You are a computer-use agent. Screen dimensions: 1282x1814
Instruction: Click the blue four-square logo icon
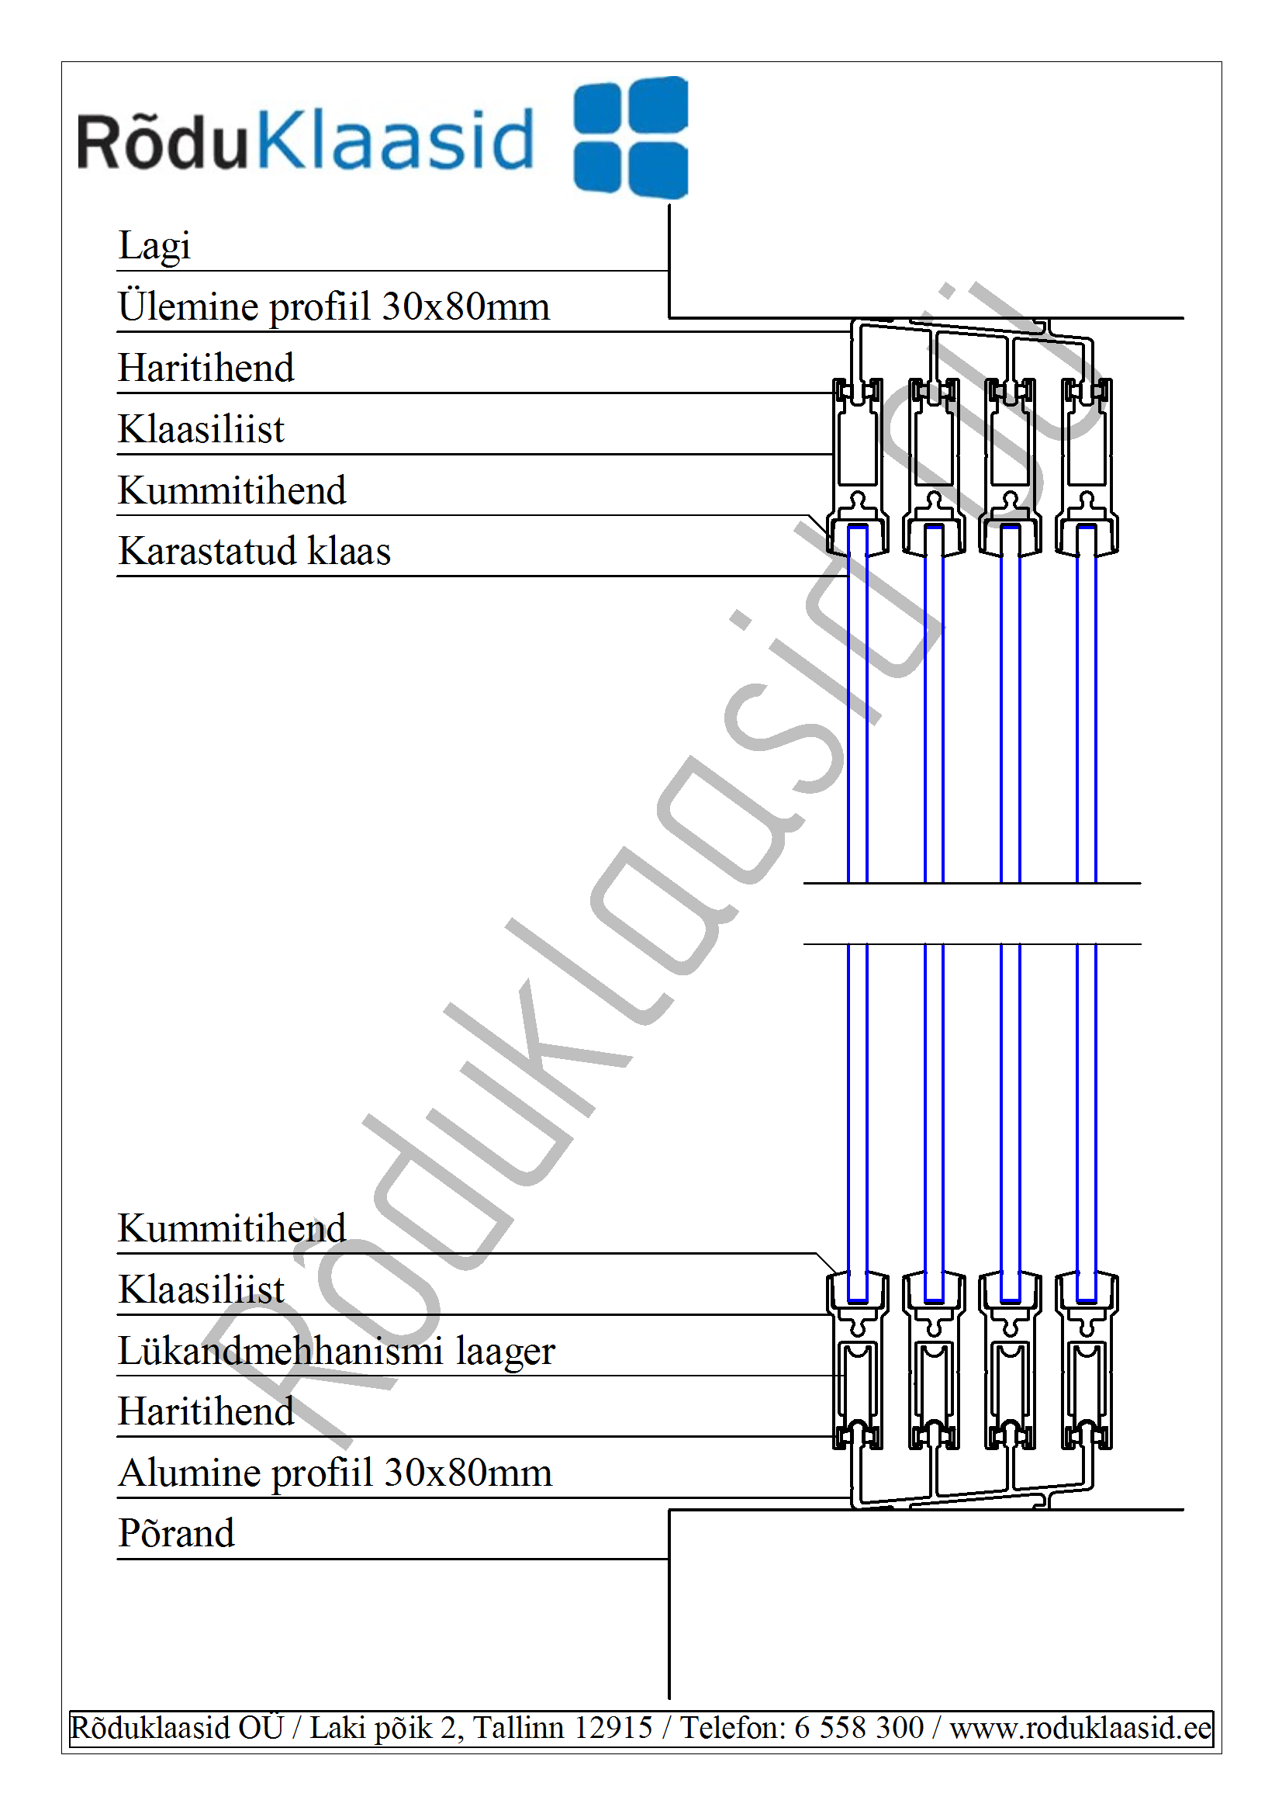click(x=631, y=137)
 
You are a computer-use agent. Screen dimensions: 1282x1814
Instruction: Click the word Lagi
click(x=154, y=246)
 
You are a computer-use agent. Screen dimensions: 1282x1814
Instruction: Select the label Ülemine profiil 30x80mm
click(x=333, y=306)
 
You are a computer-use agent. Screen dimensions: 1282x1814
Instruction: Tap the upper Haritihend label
click(x=206, y=368)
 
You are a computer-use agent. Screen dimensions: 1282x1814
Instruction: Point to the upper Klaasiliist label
click(x=201, y=429)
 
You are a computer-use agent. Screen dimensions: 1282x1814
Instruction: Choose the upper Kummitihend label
click(x=232, y=490)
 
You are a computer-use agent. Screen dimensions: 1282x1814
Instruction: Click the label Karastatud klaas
click(x=254, y=551)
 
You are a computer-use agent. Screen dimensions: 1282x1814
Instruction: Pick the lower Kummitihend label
click(x=232, y=1227)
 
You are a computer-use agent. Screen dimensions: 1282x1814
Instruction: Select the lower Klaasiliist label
click(x=201, y=1290)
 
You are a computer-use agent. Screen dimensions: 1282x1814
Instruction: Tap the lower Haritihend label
click(x=206, y=1411)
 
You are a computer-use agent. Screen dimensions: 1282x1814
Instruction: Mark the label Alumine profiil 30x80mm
click(x=335, y=1473)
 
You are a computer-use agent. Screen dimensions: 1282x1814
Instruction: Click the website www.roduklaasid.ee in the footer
click(x=1080, y=1728)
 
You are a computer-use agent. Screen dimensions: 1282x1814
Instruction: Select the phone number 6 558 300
click(x=859, y=1728)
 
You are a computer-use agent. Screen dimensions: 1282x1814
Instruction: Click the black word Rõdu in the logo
click(x=163, y=140)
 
